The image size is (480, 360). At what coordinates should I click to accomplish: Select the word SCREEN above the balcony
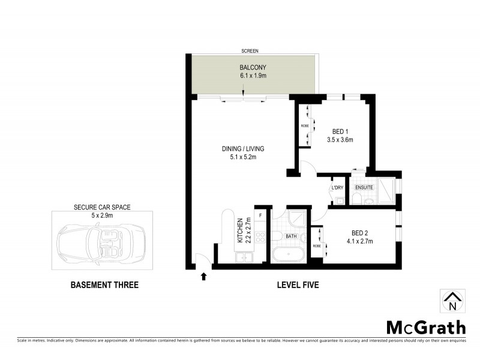click(x=250, y=51)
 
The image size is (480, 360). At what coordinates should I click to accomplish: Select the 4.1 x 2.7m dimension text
click(x=361, y=242)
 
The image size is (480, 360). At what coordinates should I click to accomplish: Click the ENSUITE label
click(x=364, y=188)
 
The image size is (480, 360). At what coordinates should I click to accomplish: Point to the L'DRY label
click(x=337, y=188)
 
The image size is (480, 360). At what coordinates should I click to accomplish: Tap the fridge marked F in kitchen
click(x=260, y=214)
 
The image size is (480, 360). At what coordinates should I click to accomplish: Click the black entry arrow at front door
click(x=203, y=277)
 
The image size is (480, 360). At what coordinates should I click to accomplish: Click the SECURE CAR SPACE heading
click(x=102, y=207)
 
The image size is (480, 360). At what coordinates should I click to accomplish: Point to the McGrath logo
click(x=425, y=328)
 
